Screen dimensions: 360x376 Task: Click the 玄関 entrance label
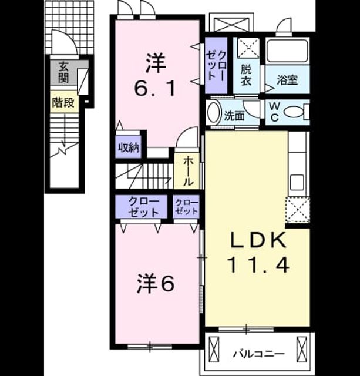click(63, 72)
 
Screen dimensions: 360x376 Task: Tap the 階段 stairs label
click(63, 103)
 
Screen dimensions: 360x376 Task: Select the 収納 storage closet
click(129, 147)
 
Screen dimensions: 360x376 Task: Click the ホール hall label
click(188, 171)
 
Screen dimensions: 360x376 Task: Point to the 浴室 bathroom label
click(287, 80)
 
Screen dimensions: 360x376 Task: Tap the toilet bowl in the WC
click(294, 112)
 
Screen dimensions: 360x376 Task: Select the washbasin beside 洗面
click(214, 112)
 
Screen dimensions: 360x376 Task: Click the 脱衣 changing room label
click(246, 75)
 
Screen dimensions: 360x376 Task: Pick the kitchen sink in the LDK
click(297, 183)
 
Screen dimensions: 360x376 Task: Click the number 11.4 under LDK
click(258, 264)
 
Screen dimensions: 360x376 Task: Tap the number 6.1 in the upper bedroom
click(154, 88)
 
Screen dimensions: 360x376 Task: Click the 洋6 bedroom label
click(156, 284)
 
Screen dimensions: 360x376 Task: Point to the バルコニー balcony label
click(259, 354)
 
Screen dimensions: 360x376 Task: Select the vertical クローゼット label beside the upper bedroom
click(216, 66)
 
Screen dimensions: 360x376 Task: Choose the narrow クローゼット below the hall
click(186, 207)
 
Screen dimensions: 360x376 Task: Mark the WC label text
click(274, 112)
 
